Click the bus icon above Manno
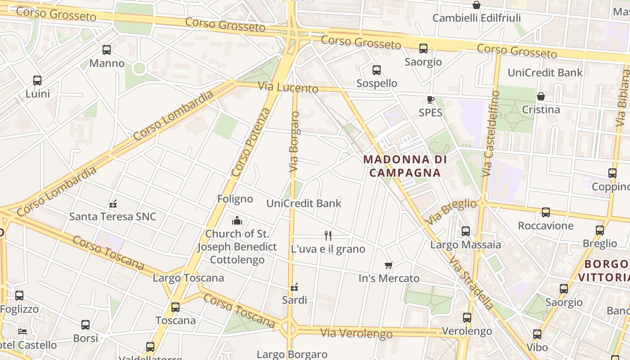(x=107, y=50)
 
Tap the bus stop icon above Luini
(x=37, y=81)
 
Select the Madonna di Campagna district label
(x=405, y=166)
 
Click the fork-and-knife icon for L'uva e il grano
(x=328, y=235)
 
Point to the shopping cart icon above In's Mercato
(x=389, y=265)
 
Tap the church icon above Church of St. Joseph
(x=237, y=220)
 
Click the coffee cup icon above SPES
(x=431, y=99)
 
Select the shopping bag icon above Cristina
(x=541, y=96)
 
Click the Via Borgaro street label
(x=294, y=141)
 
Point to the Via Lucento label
(x=288, y=87)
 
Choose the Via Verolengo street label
(x=356, y=333)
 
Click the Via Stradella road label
(x=471, y=283)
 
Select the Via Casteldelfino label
(x=491, y=134)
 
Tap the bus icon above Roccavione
(x=546, y=212)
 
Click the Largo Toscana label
(x=188, y=278)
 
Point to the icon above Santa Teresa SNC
(x=113, y=203)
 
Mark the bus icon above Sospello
(x=377, y=70)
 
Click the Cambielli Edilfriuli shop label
(x=476, y=18)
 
